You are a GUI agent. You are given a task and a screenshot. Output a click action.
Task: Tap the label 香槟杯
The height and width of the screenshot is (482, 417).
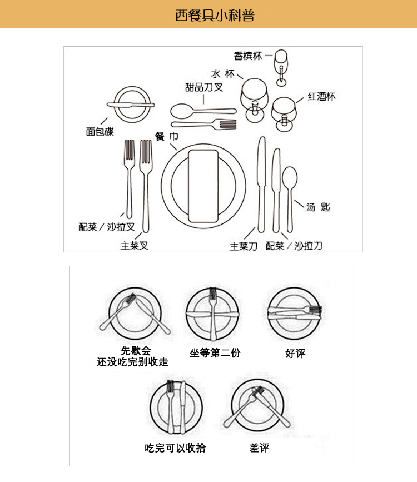(x=247, y=56)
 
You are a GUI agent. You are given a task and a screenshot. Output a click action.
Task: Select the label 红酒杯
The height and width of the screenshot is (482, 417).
(x=322, y=97)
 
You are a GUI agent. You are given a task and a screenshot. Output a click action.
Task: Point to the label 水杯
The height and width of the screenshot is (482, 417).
(x=222, y=74)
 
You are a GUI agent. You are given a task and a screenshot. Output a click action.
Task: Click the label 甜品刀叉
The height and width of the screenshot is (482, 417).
(x=204, y=87)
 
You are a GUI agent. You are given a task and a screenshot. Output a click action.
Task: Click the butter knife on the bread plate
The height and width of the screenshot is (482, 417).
(x=131, y=104)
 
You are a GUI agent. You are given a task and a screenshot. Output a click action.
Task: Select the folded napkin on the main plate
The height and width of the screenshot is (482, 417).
(x=203, y=183)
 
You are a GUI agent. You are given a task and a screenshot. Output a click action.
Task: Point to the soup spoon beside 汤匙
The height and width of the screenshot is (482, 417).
(x=290, y=189)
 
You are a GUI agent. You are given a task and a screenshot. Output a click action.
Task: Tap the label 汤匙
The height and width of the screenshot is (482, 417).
(x=318, y=207)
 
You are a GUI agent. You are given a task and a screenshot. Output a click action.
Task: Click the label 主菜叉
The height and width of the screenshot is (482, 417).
(x=135, y=245)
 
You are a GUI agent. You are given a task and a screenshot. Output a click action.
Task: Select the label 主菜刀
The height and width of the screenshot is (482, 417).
(x=244, y=246)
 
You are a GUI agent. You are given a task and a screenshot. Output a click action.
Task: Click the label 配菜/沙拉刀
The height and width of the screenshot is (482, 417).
(x=294, y=246)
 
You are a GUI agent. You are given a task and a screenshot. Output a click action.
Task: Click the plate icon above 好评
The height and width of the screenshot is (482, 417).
(x=294, y=314)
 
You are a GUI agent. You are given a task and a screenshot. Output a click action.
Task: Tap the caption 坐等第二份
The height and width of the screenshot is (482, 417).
(x=215, y=353)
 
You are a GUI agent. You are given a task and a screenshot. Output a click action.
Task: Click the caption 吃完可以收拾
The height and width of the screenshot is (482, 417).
(x=175, y=448)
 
